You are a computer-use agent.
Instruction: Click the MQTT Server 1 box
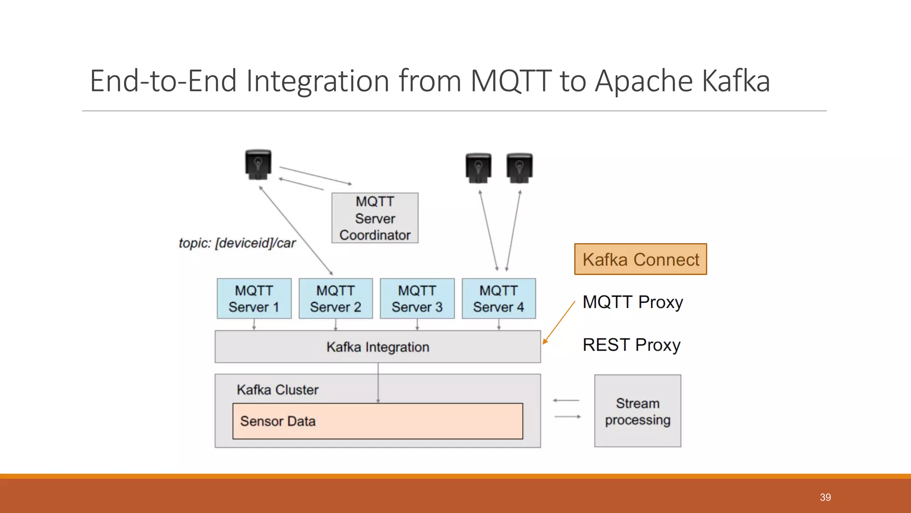(x=254, y=298)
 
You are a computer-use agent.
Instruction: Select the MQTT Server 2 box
(x=335, y=298)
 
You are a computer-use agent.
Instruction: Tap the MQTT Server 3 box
(x=417, y=298)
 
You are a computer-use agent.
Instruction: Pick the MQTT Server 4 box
(x=499, y=298)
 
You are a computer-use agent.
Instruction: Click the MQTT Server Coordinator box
(x=375, y=218)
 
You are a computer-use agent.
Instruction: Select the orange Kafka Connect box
(x=641, y=259)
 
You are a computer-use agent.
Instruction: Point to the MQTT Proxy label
(x=633, y=302)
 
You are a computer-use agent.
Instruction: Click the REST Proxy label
(x=631, y=345)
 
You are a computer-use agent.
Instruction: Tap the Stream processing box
(x=637, y=411)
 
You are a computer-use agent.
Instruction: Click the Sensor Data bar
(x=378, y=421)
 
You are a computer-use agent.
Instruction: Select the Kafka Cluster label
(x=278, y=390)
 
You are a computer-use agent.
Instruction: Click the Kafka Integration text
(x=378, y=347)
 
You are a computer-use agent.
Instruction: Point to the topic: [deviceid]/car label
(x=237, y=243)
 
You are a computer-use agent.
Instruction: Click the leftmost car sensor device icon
(x=258, y=164)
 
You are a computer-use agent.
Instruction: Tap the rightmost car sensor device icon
(x=519, y=168)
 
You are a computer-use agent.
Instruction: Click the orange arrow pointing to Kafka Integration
(x=559, y=322)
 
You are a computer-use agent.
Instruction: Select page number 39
(x=825, y=497)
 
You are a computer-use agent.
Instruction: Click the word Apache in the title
(x=643, y=81)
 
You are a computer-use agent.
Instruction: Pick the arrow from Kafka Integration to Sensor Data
(x=378, y=382)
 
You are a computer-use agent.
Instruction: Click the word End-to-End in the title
(x=163, y=81)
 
